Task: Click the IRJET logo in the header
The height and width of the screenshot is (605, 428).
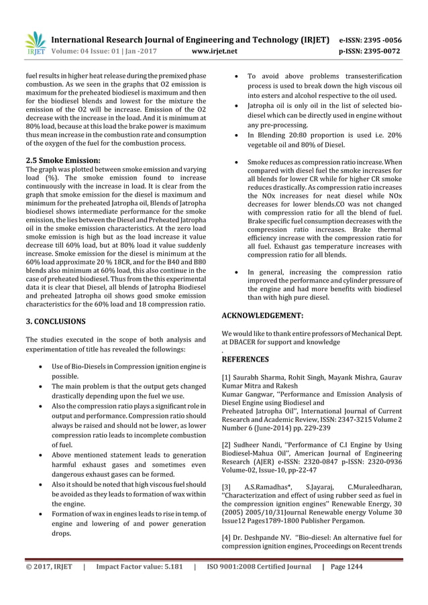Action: [35, 42]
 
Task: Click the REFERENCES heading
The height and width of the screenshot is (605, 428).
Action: [246, 360]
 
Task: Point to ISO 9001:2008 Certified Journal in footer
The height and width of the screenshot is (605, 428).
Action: [257, 584]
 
